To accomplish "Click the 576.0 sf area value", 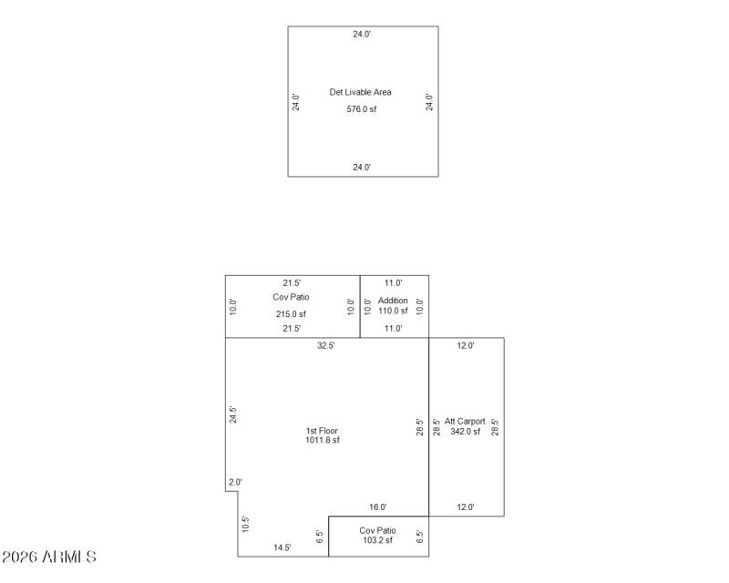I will pyautogui.click(x=361, y=109).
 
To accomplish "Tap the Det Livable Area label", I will pyautogui.click(x=361, y=92).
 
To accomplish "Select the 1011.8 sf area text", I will pyautogui.click(x=323, y=441).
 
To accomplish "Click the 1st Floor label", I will pyautogui.click(x=323, y=431).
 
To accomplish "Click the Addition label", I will pyautogui.click(x=393, y=301).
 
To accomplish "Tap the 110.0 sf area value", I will pyautogui.click(x=394, y=311).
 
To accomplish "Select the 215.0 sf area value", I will pyautogui.click(x=291, y=314).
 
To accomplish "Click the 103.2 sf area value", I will pyautogui.click(x=376, y=540).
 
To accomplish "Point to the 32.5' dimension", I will pyautogui.click(x=325, y=346).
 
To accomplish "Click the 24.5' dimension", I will pyautogui.click(x=233, y=415).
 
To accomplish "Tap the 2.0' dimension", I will pyautogui.click(x=235, y=482).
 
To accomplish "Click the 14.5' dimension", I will pyautogui.click(x=282, y=547).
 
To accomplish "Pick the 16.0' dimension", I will pyautogui.click(x=377, y=507).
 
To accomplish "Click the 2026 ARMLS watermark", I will pyautogui.click(x=49, y=556).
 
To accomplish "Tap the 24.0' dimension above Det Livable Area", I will pyautogui.click(x=362, y=34).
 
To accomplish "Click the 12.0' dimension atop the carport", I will pyautogui.click(x=466, y=346).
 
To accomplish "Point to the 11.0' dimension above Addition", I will pyautogui.click(x=393, y=283).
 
